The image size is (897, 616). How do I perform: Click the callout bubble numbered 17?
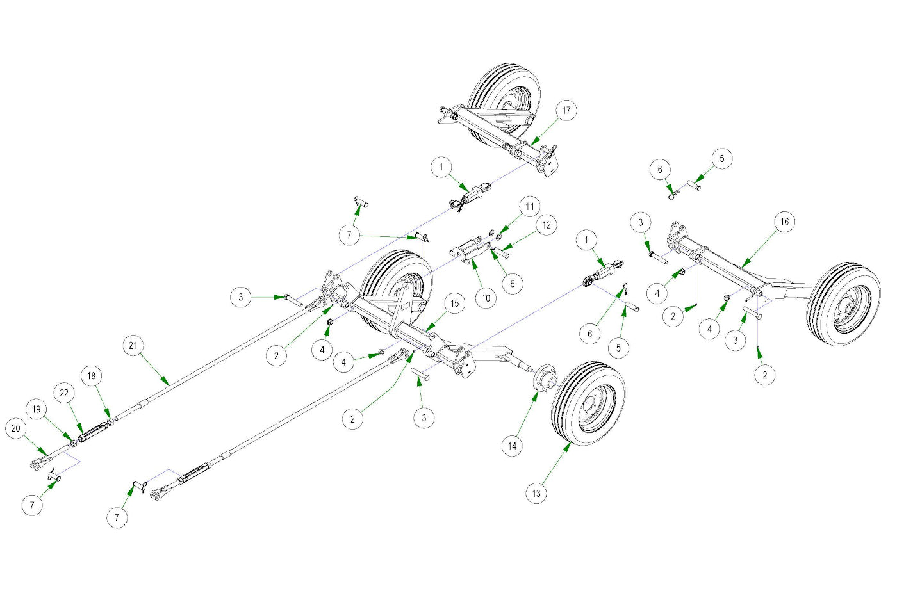point(566,110)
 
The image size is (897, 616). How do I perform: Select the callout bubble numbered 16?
point(784,222)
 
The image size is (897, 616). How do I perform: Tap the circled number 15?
point(454,304)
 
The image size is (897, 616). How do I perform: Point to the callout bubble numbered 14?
point(512,446)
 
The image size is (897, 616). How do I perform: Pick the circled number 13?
point(536,493)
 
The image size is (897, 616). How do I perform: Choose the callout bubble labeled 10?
point(486,298)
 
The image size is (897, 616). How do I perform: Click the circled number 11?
point(529,207)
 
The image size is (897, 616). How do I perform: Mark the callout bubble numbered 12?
point(546,225)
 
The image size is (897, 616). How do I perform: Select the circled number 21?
point(133,346)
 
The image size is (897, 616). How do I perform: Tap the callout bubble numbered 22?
point(64,393)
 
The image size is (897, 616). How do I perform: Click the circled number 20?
point(16,428)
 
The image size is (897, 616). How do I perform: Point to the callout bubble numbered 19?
point(37,409)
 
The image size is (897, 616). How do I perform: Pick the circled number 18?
point(92,376)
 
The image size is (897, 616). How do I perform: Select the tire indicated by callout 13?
point(588,403)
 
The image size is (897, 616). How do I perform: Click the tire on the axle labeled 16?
point(844,304)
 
